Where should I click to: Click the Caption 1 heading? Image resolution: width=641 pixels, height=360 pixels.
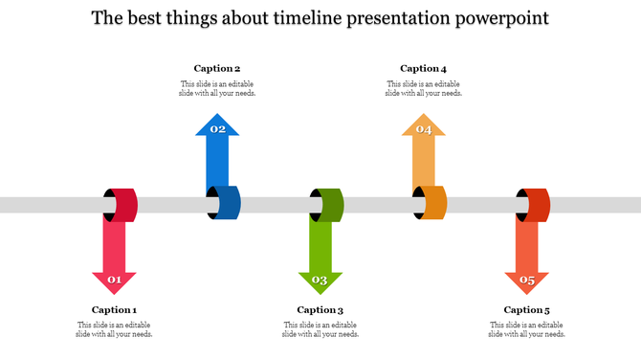(114, 309)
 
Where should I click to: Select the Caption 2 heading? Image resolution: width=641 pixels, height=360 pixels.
(217, 68)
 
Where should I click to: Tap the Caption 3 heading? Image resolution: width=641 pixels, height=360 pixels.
(320, 309)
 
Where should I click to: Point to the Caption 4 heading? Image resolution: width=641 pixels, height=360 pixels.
(423, 68)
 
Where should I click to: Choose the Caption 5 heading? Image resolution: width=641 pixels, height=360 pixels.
(526, 309)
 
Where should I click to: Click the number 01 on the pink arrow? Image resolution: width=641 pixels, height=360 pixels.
(114, 281)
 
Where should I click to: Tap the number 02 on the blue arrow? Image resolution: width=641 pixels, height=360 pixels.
(218, 128)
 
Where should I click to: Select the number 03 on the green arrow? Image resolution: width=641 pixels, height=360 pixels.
(320, 281)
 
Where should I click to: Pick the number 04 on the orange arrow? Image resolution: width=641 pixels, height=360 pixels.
(424, 128)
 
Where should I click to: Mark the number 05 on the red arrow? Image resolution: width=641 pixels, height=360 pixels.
(527, 281)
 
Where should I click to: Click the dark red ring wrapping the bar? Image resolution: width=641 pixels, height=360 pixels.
(125, 205)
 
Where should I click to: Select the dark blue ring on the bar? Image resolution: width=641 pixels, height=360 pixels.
(228, 204)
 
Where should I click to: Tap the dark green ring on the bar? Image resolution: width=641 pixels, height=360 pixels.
(331, 205)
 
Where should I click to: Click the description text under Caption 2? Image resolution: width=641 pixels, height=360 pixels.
(217, 88)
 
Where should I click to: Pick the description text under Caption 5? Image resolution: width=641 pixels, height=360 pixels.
(526, 329)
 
